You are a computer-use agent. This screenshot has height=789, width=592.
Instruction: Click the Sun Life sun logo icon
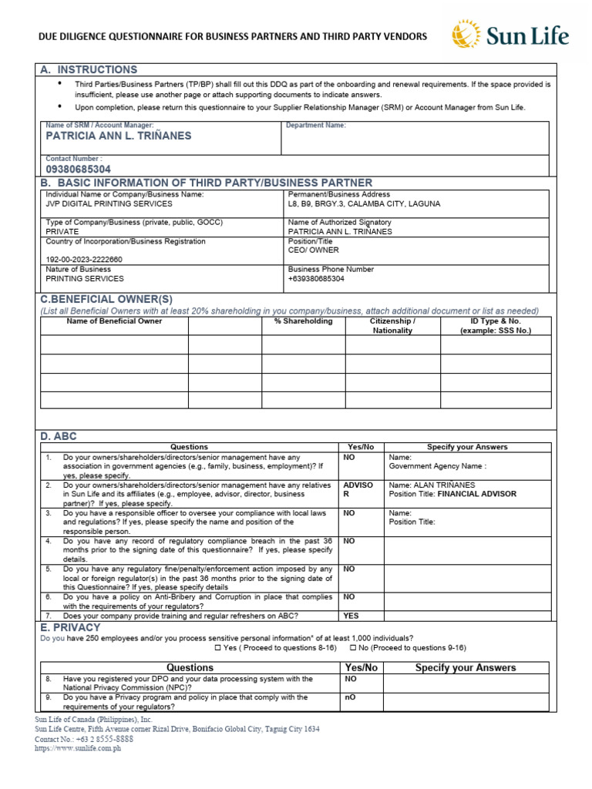[466, 35]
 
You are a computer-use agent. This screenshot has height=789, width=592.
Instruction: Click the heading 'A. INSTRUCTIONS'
[89, 69]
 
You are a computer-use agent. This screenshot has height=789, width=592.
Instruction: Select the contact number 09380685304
[79, 169]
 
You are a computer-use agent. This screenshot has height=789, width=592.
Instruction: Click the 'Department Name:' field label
[316, 125]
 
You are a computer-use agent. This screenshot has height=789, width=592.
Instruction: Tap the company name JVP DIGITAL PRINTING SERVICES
[109, 204]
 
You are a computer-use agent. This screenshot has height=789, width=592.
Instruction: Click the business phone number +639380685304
[316, 279]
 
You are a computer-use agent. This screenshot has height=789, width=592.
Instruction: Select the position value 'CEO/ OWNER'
[313, 250]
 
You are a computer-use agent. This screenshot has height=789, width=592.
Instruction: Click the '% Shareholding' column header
[303, 321]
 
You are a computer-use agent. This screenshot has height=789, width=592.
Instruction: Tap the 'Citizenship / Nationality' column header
[392, 326]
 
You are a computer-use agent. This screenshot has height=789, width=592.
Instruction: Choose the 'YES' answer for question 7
[351, 616]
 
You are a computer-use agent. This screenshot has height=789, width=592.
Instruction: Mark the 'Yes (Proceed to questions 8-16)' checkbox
[218, 648]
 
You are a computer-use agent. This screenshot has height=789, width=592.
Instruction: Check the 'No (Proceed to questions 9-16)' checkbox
[354, 648]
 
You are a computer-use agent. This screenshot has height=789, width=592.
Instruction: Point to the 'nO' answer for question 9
[349, 697]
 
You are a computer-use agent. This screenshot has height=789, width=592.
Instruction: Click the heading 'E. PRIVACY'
[70, 628]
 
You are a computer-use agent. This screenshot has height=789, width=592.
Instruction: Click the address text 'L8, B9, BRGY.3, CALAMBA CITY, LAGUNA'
[365, 204]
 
